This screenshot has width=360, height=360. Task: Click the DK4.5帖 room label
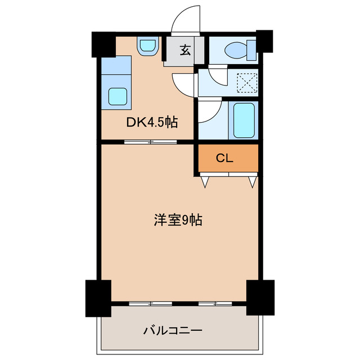coord(151,122)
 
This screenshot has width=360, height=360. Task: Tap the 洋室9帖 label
coord(178,220)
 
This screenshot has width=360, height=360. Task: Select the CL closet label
coord(224,158)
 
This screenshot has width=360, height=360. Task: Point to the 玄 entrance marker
coord(184,49)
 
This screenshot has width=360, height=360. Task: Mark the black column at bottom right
coord(260,296)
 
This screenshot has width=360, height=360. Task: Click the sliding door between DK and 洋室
coord(150,141)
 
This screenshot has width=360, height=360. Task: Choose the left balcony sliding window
coord(150,303)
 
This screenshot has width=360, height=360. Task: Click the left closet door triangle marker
coord(205,181)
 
